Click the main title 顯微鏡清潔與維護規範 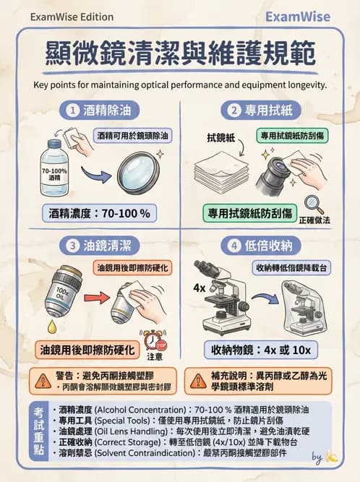pos(179,53)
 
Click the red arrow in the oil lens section pos(95,297)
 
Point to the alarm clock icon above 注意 pos(153,340)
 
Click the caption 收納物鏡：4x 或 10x pos(261,350)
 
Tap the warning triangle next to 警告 pos(35,376)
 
